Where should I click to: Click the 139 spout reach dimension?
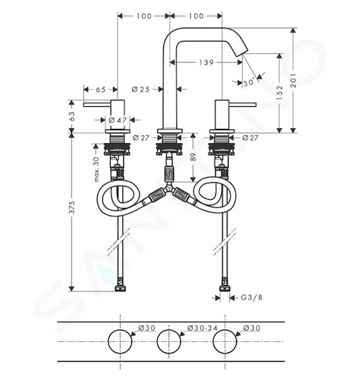pos(206,62)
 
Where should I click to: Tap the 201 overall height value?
pos(293,80)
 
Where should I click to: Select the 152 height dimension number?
pos(280,92)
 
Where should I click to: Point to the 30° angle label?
pos(248,82)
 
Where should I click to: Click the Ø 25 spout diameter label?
pos(141,89)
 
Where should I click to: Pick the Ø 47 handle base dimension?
pos(117,120)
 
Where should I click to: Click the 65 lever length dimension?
pos(101,89)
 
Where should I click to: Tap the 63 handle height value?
pos(72,116)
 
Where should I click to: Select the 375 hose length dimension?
pos(72,207)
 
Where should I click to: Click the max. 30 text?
pos(96,170)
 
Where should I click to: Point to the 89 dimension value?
pos(194,156)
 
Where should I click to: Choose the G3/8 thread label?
pos(251,298)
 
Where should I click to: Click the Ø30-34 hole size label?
pos(202,328)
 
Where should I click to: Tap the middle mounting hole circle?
pos(168,341)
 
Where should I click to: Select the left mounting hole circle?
pos(120,341)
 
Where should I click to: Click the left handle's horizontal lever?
pos(97,104)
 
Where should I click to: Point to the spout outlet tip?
pos(243,53)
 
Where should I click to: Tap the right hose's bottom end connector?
pos(225,285)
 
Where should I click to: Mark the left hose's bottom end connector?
pos(121,285)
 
